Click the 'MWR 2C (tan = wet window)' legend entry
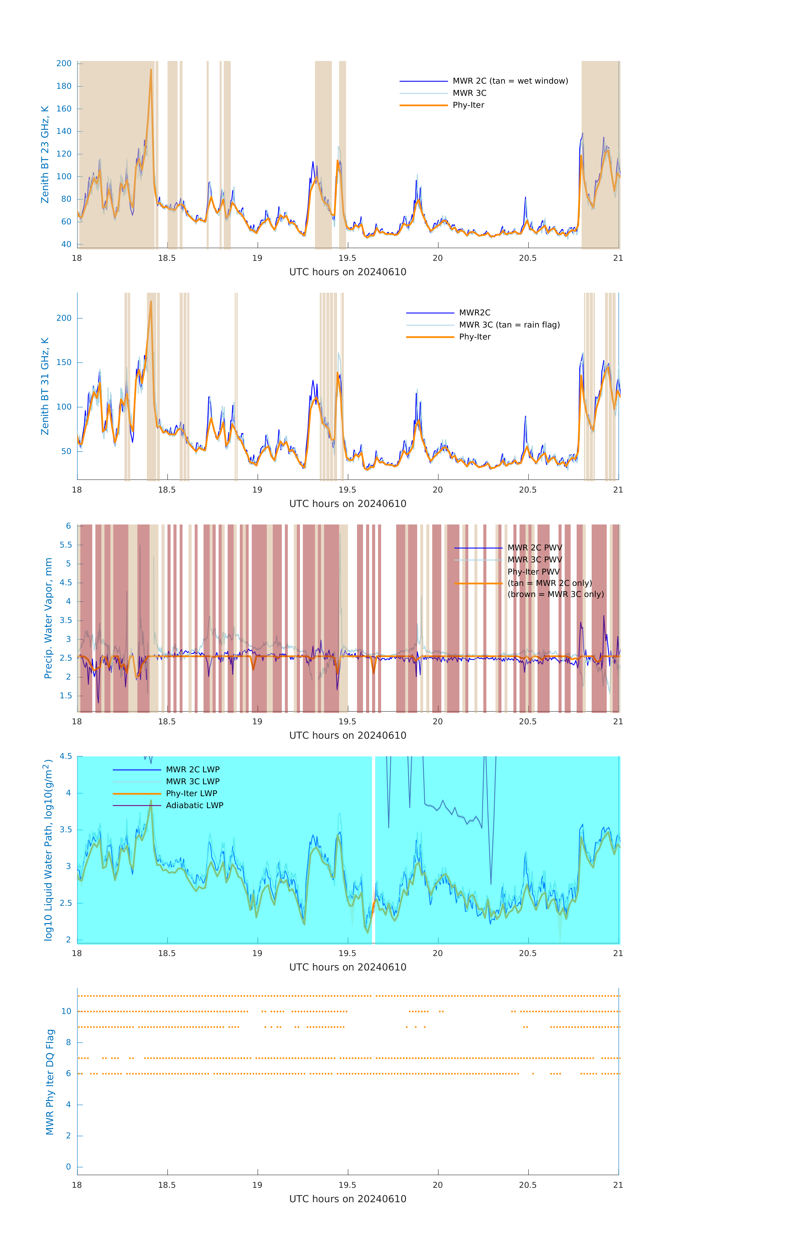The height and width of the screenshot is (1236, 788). [510, 81]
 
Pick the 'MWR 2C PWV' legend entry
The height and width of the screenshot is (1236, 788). [534, 548]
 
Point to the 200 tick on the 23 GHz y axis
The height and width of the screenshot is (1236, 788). [64, 64]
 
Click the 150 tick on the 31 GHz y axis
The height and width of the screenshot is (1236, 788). [64, 362]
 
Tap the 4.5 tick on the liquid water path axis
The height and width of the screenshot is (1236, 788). [66, 757]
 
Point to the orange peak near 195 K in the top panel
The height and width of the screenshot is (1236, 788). [151, 70]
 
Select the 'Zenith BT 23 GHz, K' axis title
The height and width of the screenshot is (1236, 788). [45, 154]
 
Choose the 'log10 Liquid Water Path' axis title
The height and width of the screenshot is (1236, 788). [48, 850]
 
